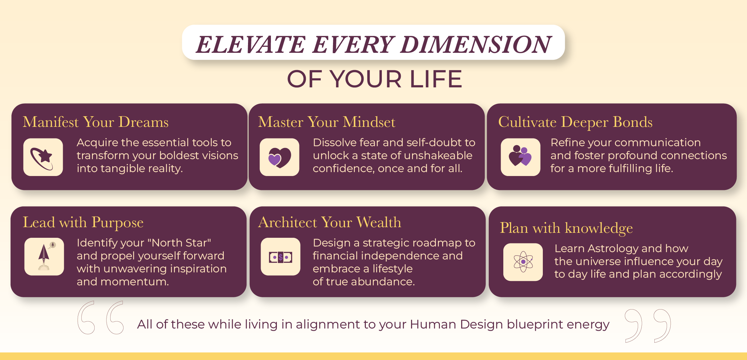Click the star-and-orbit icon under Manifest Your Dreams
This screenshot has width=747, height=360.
click(x=43, y=157)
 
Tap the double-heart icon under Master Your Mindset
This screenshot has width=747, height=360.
click(x=279, y=157)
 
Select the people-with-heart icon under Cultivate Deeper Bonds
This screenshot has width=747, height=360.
click(x=520, y=157)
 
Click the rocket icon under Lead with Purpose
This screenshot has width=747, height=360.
click(x=44, y=256)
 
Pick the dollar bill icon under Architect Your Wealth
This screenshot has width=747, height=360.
click(x=281, y=257)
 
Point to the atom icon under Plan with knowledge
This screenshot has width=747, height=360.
click(x=523, y=262)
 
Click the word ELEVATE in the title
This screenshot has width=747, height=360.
click(x=251, y=45)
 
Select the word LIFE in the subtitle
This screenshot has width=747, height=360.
click(x=436, y=79)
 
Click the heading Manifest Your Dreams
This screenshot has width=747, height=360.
click(x=96, y=122)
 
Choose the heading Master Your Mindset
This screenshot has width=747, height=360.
click(x=327, y=122)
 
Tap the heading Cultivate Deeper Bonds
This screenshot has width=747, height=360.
click(x=575, y=122)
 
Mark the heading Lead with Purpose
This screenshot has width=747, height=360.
click(x=83, y=223)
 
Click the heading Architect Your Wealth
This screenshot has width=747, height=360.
click(x=330, y=222)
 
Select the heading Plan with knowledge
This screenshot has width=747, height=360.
click(x=566, y=228)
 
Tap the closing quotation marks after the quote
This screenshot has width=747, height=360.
click(x=647, y=326)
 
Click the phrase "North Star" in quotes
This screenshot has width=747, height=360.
click(x=180, y=243)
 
